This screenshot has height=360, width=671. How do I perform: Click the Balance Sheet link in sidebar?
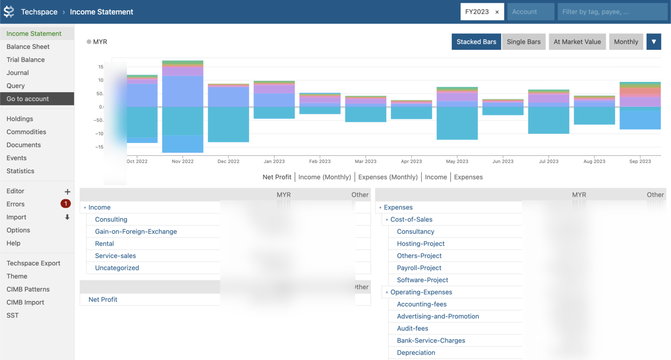(28, 47)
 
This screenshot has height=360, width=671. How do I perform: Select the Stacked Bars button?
(476, 42)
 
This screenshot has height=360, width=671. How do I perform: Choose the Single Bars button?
(523, 42)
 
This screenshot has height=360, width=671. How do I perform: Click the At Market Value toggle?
(577, 42)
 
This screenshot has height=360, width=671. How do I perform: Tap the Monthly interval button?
(626, 42)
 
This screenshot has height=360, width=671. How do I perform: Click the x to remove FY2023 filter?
(497, 12)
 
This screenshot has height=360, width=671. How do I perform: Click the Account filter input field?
(530, 12)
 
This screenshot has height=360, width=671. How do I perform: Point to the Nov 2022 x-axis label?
(182, 161)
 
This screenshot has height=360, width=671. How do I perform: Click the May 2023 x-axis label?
(457, 161)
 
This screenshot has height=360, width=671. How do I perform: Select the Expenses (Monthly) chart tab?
(388, 177)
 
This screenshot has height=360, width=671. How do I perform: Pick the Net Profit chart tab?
(277, 177)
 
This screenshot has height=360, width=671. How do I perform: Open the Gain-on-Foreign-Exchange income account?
(136, 231)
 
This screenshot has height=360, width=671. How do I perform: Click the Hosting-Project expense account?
(420, 244)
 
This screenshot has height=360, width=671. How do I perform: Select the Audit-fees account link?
(412, 328)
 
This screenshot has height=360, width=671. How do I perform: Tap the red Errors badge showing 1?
(66, 204)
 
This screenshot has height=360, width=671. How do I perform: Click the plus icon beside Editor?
(67, 191)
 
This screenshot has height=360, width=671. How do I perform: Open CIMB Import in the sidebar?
(25, 302)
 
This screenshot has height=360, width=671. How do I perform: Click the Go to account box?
(37, 99)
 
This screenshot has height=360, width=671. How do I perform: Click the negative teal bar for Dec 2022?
(228, 124)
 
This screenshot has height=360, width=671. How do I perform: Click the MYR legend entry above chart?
(97, 42)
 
